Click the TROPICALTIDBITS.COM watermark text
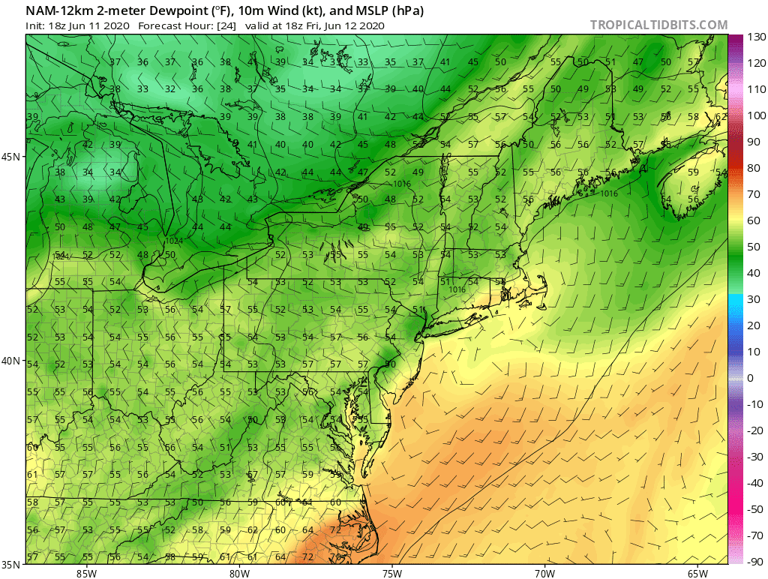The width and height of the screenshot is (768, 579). [x=658, y=25]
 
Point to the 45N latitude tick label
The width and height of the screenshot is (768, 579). [x=11, y=157]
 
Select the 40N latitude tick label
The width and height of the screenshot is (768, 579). [x=11, y=361]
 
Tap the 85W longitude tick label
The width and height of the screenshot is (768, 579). [x=86, y=574]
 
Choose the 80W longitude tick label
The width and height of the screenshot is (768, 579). [x=239, y=574]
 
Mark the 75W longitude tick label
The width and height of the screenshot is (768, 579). [x=391, y=574]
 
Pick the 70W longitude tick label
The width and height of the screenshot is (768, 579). [x=544, y=574]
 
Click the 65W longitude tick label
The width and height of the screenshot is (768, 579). [x=697, y=574]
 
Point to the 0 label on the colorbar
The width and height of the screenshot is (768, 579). [x=750, y=378]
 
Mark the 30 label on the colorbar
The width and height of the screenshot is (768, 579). [x=752, y=299]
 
